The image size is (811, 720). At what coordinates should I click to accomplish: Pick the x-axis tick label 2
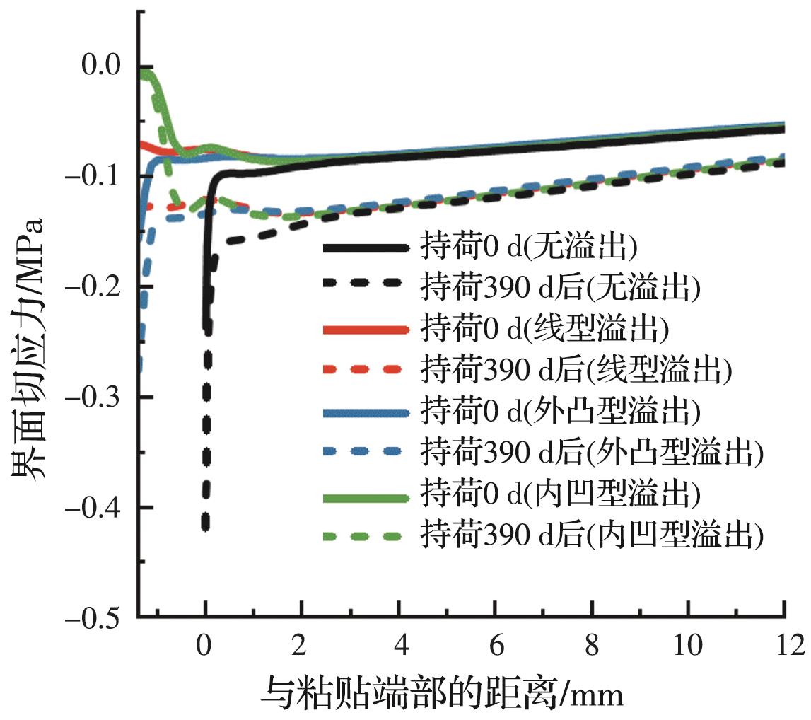302,645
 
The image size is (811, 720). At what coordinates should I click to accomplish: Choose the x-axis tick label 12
785,645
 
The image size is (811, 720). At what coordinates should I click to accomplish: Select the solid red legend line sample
366,330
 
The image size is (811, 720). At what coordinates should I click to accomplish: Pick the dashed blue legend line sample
366,453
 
